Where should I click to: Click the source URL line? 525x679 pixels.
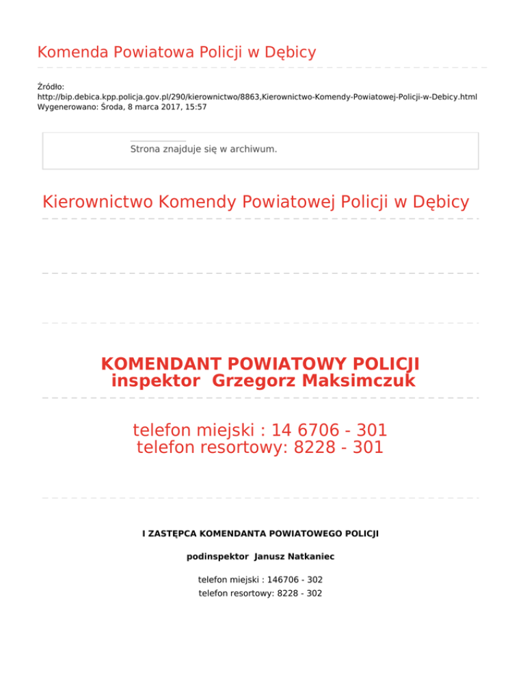257,97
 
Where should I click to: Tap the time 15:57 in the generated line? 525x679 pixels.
195,107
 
